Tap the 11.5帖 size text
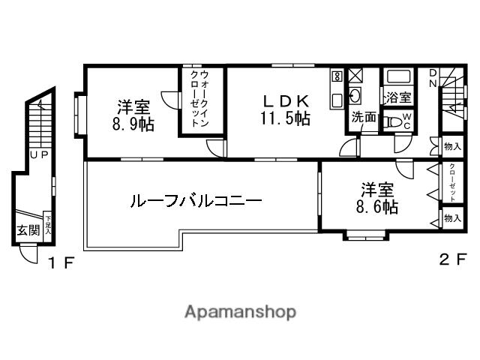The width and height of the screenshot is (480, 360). tap(285, 118)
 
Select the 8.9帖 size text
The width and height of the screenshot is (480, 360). tap(134, 124)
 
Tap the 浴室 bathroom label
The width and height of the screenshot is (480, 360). tap(397, 97)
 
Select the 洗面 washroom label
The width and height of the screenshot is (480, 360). tap(364, 118)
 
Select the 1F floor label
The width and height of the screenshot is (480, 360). tap(61, 263)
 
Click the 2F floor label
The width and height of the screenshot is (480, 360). tap(451, 260)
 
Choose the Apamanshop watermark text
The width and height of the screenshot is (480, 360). tap(240, 311)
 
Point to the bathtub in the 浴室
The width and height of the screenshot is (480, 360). tap(396, 77)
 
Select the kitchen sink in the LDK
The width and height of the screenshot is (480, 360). tap(355, 97)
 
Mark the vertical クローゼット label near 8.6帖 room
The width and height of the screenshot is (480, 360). tap(452, 182)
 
